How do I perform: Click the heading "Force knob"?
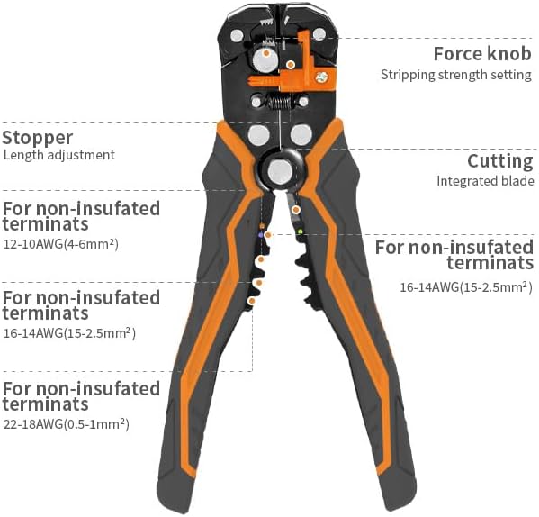point(482,54)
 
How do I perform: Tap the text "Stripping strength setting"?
point(456,75)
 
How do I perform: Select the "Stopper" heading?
point(38,139)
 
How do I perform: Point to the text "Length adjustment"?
point(59,155)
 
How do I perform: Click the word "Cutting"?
point(500,161)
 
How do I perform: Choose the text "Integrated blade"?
point(485,181)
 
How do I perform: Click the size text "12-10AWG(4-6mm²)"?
point(61,244)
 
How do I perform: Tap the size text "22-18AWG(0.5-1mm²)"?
point(67,424)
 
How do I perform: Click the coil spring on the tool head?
point(280,102)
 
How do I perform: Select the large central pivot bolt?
point(280,171)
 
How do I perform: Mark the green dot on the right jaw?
point(300,231)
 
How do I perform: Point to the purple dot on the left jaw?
point(261,235)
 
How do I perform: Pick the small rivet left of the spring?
point(256,102)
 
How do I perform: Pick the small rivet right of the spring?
point(303,102)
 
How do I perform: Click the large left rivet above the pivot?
point(259,135)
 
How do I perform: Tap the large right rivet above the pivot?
point(301,134)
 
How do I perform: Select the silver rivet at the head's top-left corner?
point(237,36)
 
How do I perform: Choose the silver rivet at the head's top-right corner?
point(319,34)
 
